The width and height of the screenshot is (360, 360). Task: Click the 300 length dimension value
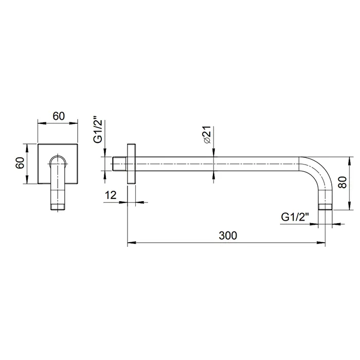(x=228, y=236)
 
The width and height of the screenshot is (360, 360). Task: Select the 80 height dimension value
(x=343, y=182)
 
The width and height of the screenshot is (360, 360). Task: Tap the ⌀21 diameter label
(x=207, y=135)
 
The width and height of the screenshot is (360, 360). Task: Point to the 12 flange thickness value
(x=111, y=195)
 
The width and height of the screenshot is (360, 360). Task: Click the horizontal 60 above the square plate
(x=59, y=116)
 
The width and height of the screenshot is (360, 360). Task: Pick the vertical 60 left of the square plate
(x=20, y=163)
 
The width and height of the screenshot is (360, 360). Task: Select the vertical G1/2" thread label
(x=98, y=132)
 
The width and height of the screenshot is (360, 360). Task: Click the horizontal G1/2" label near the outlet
(x=295, y=217)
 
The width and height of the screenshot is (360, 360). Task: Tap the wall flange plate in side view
(x=131, y=164)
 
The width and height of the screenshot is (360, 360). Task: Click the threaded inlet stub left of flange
(x=120, y=164)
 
